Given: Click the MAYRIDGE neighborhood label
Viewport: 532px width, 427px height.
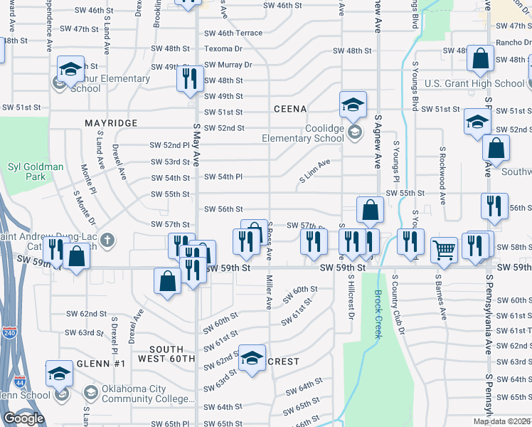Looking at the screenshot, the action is (x=111, y=123).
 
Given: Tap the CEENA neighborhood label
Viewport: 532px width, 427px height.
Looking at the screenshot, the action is (x=290, y=109).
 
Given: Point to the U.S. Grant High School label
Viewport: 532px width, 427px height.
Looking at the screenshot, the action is (x=474, y=83).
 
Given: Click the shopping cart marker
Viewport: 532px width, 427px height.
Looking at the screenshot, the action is (x=444, y=250).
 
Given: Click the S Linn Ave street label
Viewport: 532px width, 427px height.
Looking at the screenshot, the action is (x=314, y=171).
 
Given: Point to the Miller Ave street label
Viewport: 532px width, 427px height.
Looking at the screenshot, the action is (x=269, y=292).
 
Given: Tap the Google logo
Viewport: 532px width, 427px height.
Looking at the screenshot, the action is (x=23, y=419).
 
